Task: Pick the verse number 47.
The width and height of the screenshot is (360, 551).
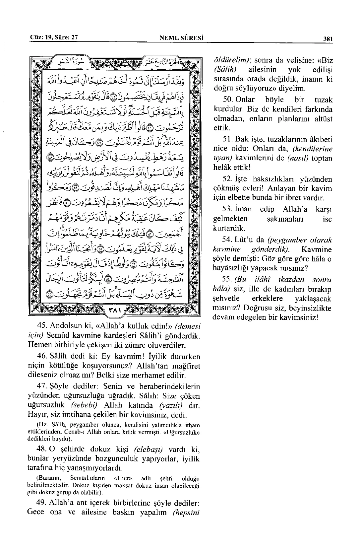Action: [42, 386]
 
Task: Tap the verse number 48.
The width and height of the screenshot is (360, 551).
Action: [42, 449]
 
